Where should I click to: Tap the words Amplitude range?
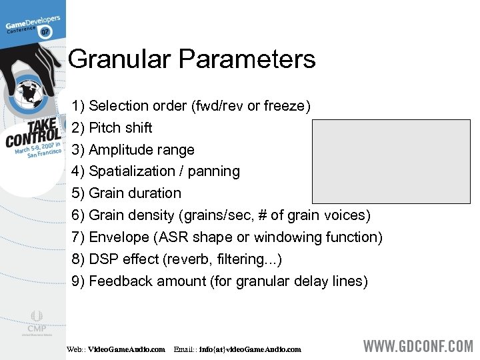pyautogui.click(x=141, y=149)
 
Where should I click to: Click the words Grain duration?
pyautogui.click(x=135, y=193)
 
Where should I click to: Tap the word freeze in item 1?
pyautogui.click(x=286, y=106)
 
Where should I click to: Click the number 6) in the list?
pyautogui.click(x=78, y=215)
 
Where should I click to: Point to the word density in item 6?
pyautogui.click(x=148, y=215)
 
